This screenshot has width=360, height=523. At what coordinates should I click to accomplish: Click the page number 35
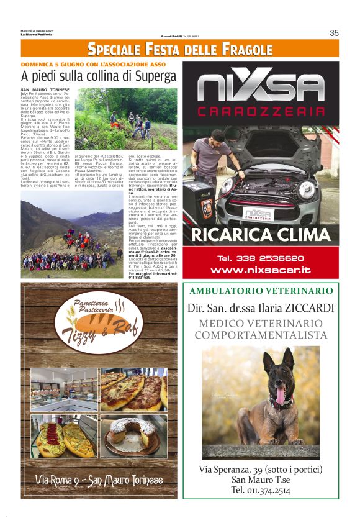[334, 34]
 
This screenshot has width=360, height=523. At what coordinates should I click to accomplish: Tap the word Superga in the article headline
[146, 76]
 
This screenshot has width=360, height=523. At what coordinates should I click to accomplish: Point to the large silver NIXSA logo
[261, 88]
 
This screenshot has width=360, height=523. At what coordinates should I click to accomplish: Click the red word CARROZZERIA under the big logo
[261, 112]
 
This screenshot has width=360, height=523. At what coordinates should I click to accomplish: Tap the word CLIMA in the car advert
[298, 235]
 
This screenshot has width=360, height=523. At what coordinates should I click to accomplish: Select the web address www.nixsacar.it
[261, 270]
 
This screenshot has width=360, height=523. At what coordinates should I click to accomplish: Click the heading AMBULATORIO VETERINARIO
[261, 291]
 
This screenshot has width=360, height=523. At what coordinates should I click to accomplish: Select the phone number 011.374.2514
[261, 490]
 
